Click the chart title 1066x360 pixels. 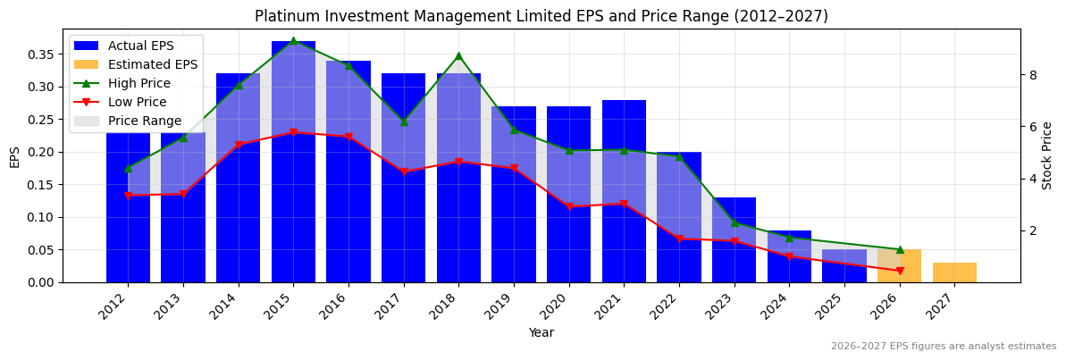[541, 16]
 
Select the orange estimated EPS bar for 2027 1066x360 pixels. [954, 272]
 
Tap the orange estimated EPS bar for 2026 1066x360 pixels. [899, 266]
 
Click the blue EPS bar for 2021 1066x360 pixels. [624, 191]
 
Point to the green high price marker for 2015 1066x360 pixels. [293, 41]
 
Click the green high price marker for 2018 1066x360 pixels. [458, 55]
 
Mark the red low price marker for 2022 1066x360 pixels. [679, 239]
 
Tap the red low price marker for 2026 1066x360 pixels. [900, 271]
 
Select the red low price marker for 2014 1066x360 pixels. [239, 145]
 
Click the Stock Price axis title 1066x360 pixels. [1047, 155]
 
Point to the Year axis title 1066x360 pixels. [541, 332]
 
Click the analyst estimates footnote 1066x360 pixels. [944, 347]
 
